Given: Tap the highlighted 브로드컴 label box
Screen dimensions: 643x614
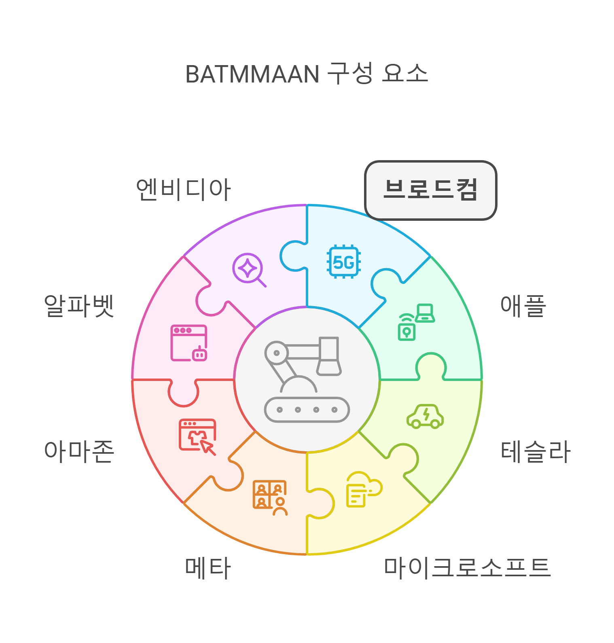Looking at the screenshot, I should click(x=430, y=190).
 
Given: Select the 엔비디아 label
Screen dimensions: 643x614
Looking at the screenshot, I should click(x=183, y=189).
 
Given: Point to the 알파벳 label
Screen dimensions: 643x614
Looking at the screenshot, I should click(x=79, y=306).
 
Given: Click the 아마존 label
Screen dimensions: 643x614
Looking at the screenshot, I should click(x=79, y=451).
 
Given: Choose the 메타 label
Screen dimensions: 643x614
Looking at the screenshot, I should click(x=208, y=568).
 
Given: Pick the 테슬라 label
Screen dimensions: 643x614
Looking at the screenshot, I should click(x=536, y=451).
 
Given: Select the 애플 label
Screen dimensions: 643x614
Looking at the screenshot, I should click(x=523, y=306).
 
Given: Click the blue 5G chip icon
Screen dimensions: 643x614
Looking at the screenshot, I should click(x=344, y=262).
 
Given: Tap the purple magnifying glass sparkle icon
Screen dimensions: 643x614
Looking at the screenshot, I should click(x=249, y=269).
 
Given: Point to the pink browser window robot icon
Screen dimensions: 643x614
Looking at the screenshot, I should click(x=189, y=343).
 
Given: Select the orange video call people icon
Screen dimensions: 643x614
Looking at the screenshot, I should click(x=270, y=497).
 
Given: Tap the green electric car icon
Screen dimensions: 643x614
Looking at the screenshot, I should click(x=425, y=417).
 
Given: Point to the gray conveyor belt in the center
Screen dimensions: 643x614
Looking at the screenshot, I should click(x=307, y=410).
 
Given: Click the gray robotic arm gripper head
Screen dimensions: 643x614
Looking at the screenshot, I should click(x=329, y=356).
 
